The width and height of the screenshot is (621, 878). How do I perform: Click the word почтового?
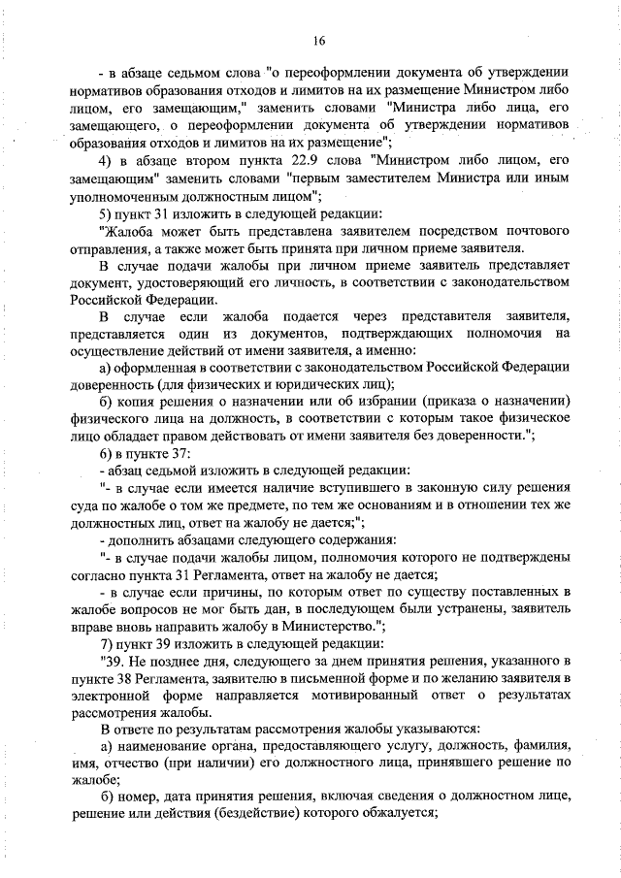coord(529,231)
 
